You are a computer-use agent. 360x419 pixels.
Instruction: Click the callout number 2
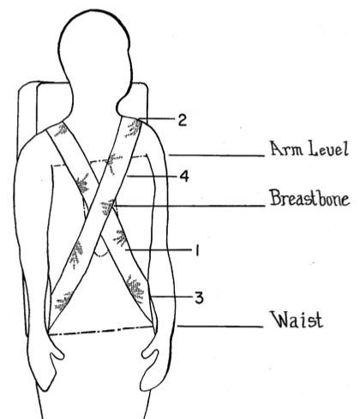click(x=183, y=120)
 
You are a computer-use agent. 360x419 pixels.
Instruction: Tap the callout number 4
click(x=184, y=177)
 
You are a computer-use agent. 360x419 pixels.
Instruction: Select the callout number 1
click(x=196, y=250)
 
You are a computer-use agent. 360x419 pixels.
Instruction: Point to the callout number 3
click(x=199, y=297)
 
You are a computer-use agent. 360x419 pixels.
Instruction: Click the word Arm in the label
click(x=286, y=148)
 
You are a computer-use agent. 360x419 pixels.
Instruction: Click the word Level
click(x=329, y=148)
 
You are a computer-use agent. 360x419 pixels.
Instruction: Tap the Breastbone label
click(x=309, y=198)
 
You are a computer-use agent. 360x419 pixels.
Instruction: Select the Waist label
click(x=297, y=320)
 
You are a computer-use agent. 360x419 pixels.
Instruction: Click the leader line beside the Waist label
click(x=220, y=326)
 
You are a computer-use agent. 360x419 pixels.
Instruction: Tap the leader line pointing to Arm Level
click(x=217, y=156)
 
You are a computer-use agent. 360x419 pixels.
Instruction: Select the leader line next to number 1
click(x=158, y=250)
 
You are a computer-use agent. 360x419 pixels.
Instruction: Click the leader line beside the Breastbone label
click(x=189, y=206)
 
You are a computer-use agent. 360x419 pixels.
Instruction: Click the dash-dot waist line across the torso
click(x=100, y=331)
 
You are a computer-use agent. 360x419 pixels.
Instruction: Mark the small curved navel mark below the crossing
click(x=100, y=255)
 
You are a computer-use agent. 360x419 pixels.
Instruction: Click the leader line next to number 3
click(x=171, y=297)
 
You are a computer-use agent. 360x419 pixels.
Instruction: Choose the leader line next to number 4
click(x=152, y=177)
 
